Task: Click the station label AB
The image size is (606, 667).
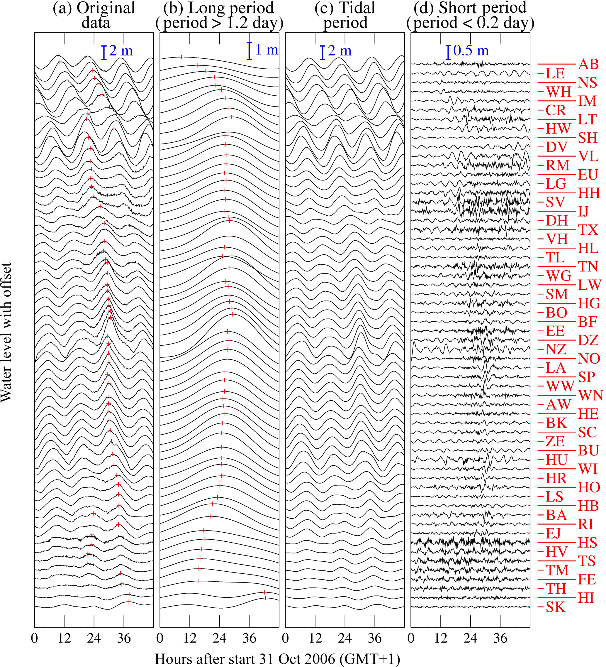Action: [x=588, y=64]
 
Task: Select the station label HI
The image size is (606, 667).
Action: [x=586, y=598]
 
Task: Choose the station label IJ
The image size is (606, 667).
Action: [x=583, y=211]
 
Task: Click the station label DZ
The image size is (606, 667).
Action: [x=588, y=340]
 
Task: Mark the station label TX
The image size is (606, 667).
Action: [x=588, y=229]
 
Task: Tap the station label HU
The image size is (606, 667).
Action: [x=557, y=460]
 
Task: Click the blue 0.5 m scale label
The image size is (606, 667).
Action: [x=471, y=51]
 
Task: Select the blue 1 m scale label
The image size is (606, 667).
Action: [x=267, y=50]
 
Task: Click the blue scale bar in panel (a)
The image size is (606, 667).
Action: [x=104, y=53]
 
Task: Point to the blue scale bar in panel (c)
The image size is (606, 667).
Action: [x=322, y=53]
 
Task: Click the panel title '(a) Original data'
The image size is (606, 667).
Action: [x=94, y=15]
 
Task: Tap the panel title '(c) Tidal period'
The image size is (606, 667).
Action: [x=345, y=15]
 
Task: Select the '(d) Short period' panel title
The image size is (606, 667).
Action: [x=470, y=15]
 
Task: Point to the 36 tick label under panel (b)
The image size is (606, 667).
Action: [x=249, y=638]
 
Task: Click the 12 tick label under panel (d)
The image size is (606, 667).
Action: [x=441, y=638]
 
